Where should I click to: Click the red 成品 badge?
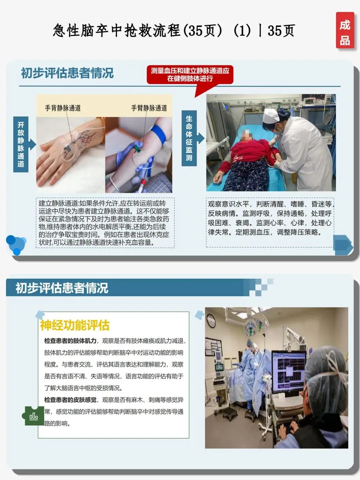coord(345,30)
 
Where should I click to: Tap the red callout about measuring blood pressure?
coord(190,75)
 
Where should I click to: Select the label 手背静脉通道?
coord(63,108)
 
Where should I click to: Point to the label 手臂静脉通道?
coord(149,108)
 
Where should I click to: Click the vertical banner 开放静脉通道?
coord(21,144)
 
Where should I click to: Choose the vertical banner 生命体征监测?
coord(189,138)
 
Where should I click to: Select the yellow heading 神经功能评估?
coord(75,325)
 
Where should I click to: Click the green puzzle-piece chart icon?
coord(33,415)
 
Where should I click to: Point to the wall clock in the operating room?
coord(211,321)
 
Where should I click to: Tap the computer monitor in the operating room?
coord(289,369)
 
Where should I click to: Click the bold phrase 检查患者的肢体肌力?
coord(70,341)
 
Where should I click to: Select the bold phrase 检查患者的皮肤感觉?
coord(70,400)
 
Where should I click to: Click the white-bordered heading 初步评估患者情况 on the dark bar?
coord(62,288)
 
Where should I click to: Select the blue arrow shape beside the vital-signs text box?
coord(343,245)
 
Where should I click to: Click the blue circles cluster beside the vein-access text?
coord(16,245)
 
